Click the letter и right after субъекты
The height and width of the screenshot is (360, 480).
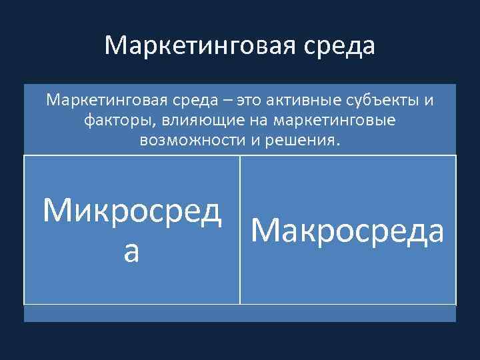click(429, 101)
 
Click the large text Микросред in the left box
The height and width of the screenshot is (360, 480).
click(131, 211)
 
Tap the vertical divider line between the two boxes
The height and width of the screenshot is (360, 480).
click(239, 230)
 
